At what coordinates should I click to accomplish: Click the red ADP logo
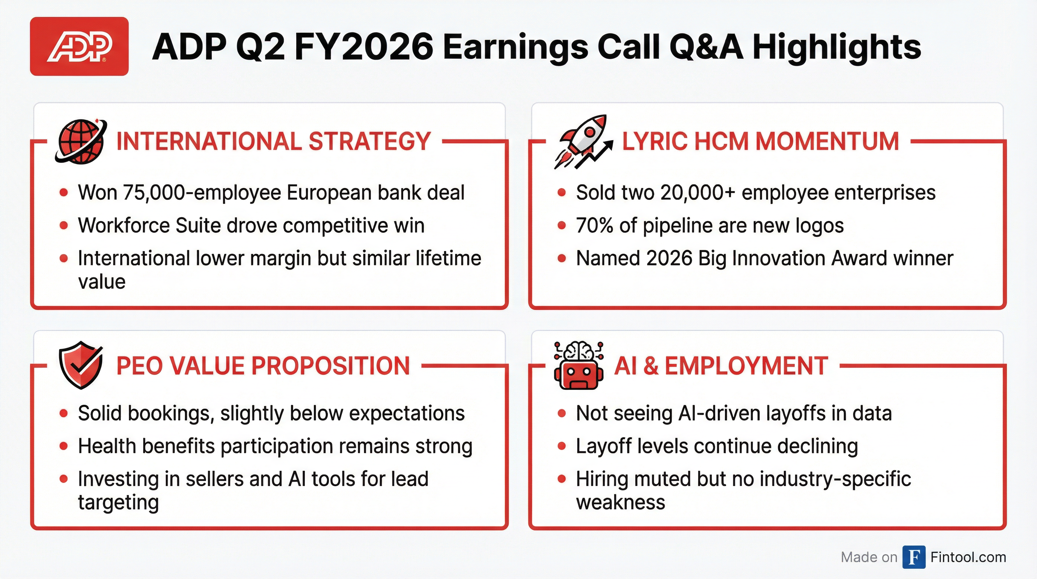(79, 46)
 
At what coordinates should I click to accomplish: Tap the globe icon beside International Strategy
(81, 141)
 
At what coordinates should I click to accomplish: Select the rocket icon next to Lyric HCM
(583, 141)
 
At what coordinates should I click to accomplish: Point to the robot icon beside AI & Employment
(578, 366)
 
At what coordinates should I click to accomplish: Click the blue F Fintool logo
(914, 557)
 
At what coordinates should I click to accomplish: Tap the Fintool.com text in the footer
(968, 557)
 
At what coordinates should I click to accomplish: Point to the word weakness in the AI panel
(620, 502)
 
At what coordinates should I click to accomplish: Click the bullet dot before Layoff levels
(561, 446)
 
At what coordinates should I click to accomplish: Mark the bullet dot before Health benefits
(64, 446)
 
